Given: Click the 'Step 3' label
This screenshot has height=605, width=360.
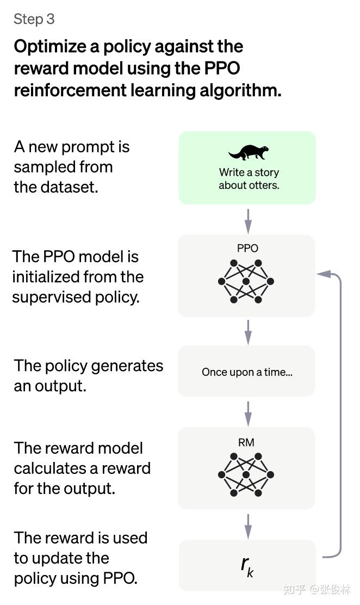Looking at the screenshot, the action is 34,19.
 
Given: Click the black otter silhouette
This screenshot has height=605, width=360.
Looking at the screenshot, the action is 249,152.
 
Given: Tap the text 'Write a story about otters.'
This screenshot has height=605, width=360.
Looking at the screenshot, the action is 249,178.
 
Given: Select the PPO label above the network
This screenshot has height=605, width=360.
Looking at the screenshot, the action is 247,248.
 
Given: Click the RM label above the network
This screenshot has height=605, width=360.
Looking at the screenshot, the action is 246,442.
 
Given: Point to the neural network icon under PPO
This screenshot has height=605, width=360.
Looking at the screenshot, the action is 246,281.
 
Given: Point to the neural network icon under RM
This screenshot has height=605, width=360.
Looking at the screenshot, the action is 246,474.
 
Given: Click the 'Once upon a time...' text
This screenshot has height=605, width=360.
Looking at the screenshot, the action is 247,372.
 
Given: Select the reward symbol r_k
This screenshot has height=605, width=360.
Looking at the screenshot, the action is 247,566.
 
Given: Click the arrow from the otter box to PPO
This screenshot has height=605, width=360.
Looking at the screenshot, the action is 248,221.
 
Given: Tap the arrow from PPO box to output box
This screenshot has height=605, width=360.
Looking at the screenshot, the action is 248,332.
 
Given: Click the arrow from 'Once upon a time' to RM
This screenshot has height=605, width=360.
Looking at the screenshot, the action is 248,413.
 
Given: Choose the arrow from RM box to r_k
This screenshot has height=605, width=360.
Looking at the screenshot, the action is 248,526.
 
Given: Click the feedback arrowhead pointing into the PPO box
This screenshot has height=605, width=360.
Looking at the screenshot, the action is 324,274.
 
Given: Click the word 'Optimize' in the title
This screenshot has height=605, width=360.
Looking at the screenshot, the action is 50,47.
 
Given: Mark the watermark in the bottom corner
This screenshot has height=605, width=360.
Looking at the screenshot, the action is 317,589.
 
